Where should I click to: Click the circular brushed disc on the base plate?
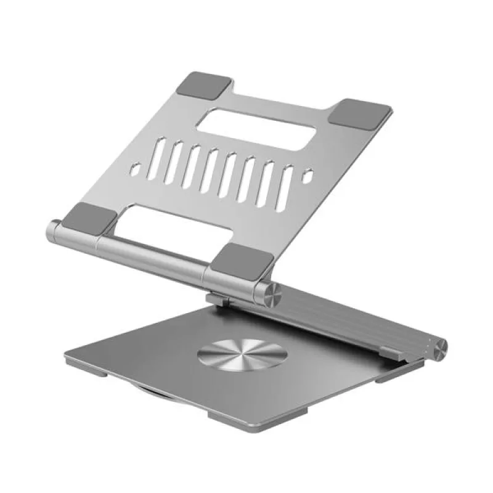coord(242,357)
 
